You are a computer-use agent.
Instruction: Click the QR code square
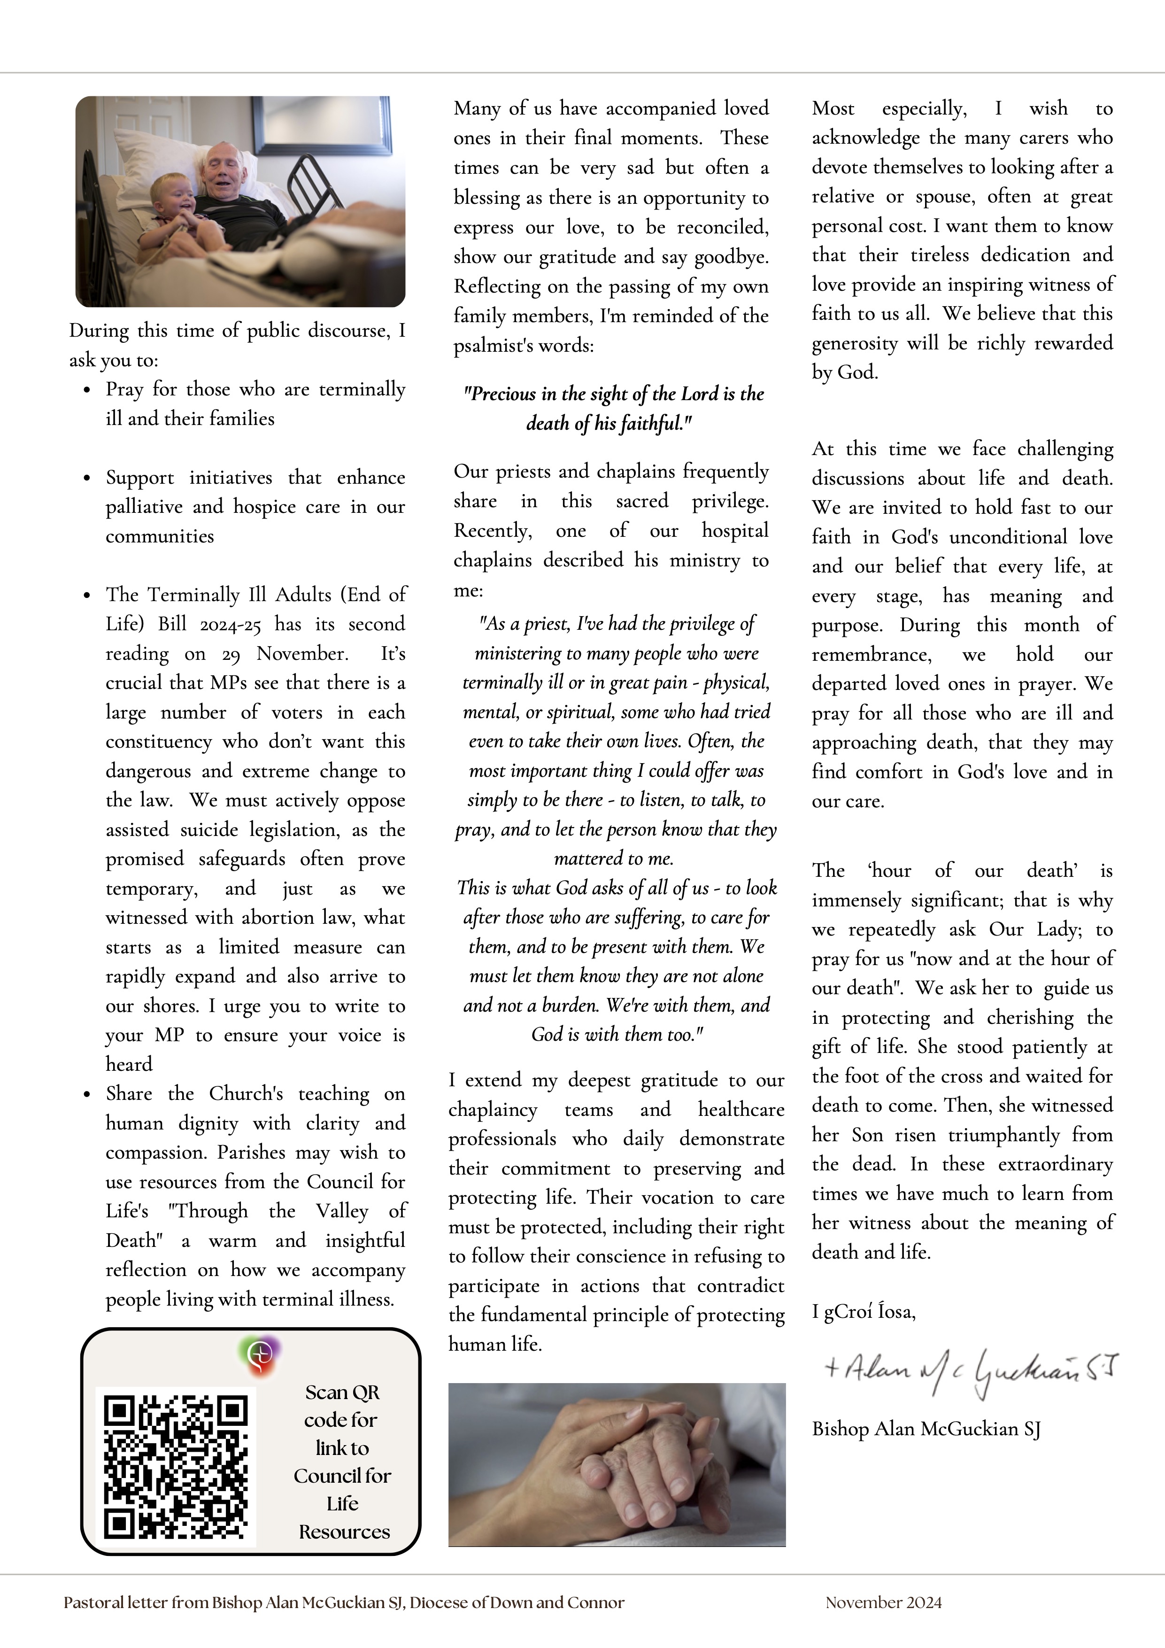(176, 1466)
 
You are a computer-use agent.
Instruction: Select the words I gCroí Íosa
(864, 1312)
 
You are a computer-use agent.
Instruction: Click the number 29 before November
(231, 654)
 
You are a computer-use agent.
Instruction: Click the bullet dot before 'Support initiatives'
(87, 479)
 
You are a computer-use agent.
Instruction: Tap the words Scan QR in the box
(342, 1393)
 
